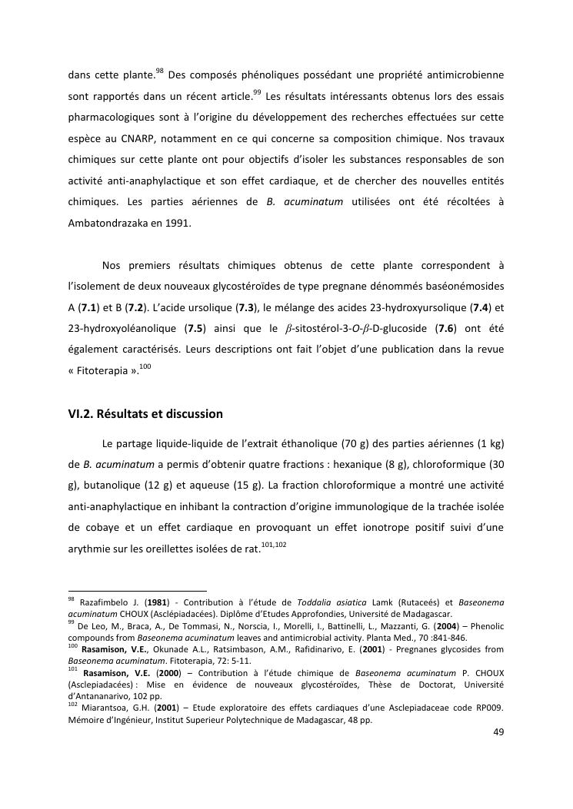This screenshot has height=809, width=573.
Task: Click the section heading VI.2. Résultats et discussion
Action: (x=145, y=414)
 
